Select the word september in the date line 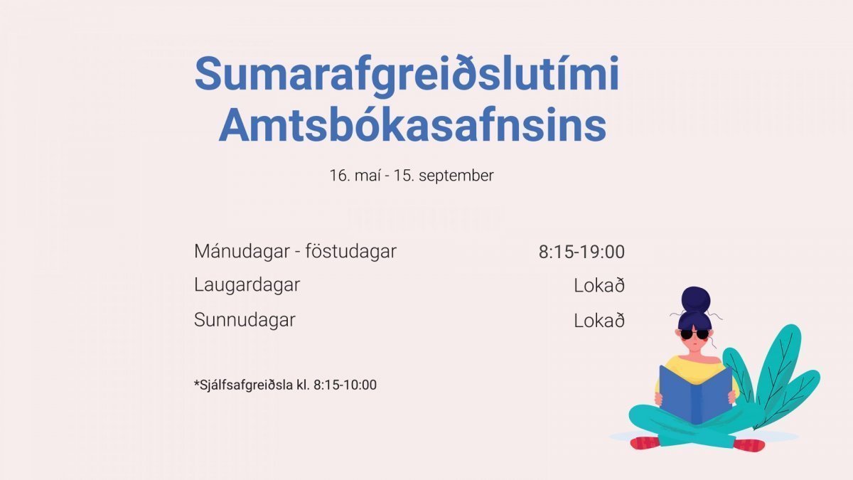(x=456, y=176)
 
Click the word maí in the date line (x=368, y=176)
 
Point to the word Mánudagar (x=242, y=252)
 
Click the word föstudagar (x=350, y=252)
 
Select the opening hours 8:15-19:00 (x=581, y=252)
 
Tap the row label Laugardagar (x=247, y=285)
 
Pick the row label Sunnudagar (x=245, y=320)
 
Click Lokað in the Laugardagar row (x=599, y=285)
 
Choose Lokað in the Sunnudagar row (x=599, y=321)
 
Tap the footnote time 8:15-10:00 (x=345, y=385)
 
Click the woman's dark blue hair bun (x=696, y=299)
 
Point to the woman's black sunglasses (x=694, y=334)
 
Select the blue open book (x=695, y=395)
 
